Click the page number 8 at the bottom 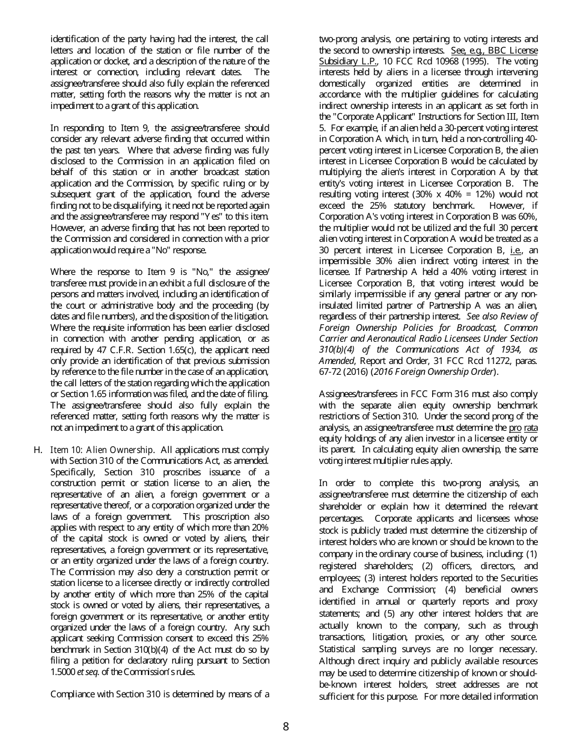[285, 726]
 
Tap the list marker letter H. [37, 450]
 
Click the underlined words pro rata [524, 428]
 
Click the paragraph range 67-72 [332, 372]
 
